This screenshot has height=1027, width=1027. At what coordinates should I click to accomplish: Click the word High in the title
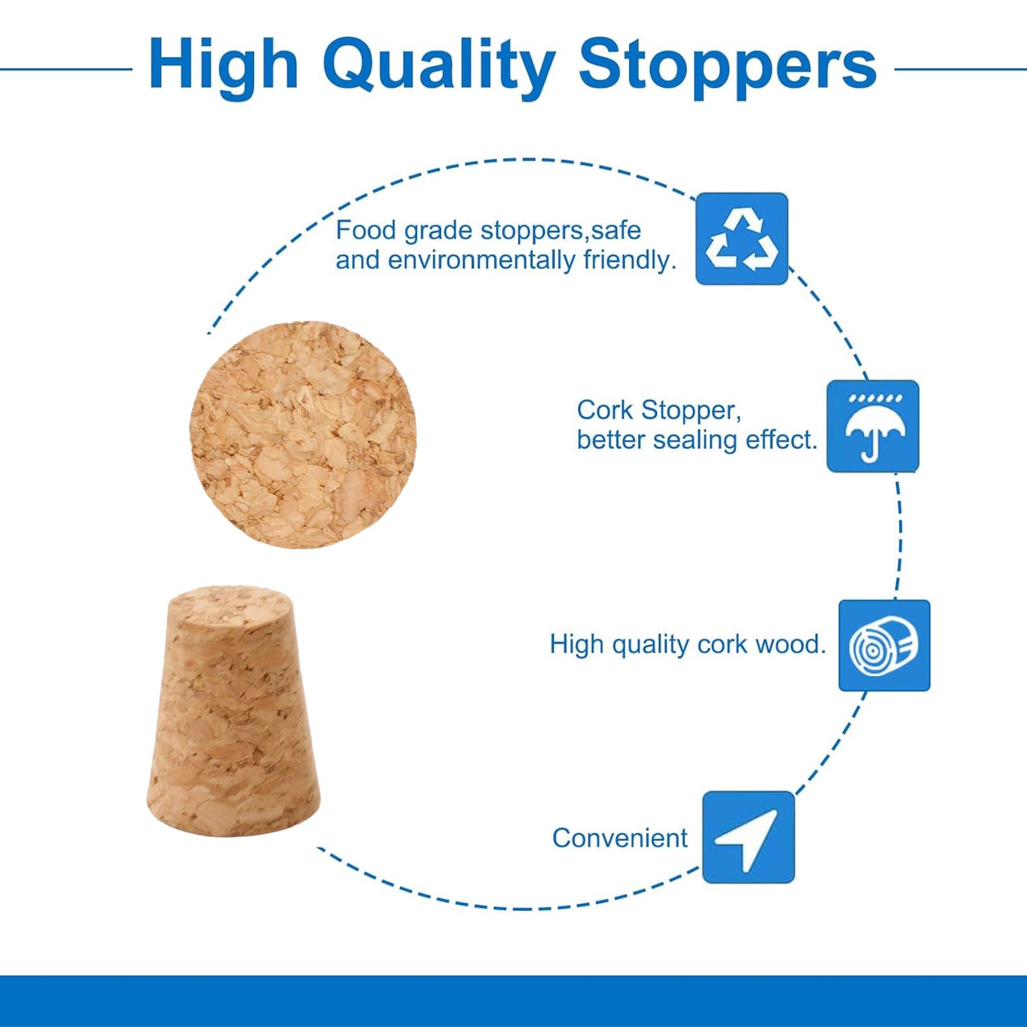click(x=223, y=64)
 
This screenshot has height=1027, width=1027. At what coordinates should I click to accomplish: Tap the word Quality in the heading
click(x=438, y=67)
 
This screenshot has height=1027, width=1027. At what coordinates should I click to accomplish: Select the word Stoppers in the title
click(x=727, y=67)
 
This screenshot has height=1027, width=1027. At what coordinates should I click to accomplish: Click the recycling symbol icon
click(x=742, y=239)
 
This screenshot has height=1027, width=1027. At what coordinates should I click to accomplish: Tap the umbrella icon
click(x=873, y=426)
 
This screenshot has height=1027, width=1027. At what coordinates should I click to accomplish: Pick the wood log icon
click(x=885, y=646)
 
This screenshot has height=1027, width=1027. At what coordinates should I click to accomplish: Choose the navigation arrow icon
click(x=748, y=837)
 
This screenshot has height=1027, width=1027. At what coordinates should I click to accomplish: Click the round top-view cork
click(x=303, y=435)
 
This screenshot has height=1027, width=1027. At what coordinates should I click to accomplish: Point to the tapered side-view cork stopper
click(x=233, y=711)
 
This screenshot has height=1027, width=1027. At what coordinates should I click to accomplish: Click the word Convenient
click(x=619, y=838)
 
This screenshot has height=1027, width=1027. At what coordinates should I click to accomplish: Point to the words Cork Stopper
click(x=659, y=410)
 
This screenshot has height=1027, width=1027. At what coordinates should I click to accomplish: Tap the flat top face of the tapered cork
click(x=229, y=601)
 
